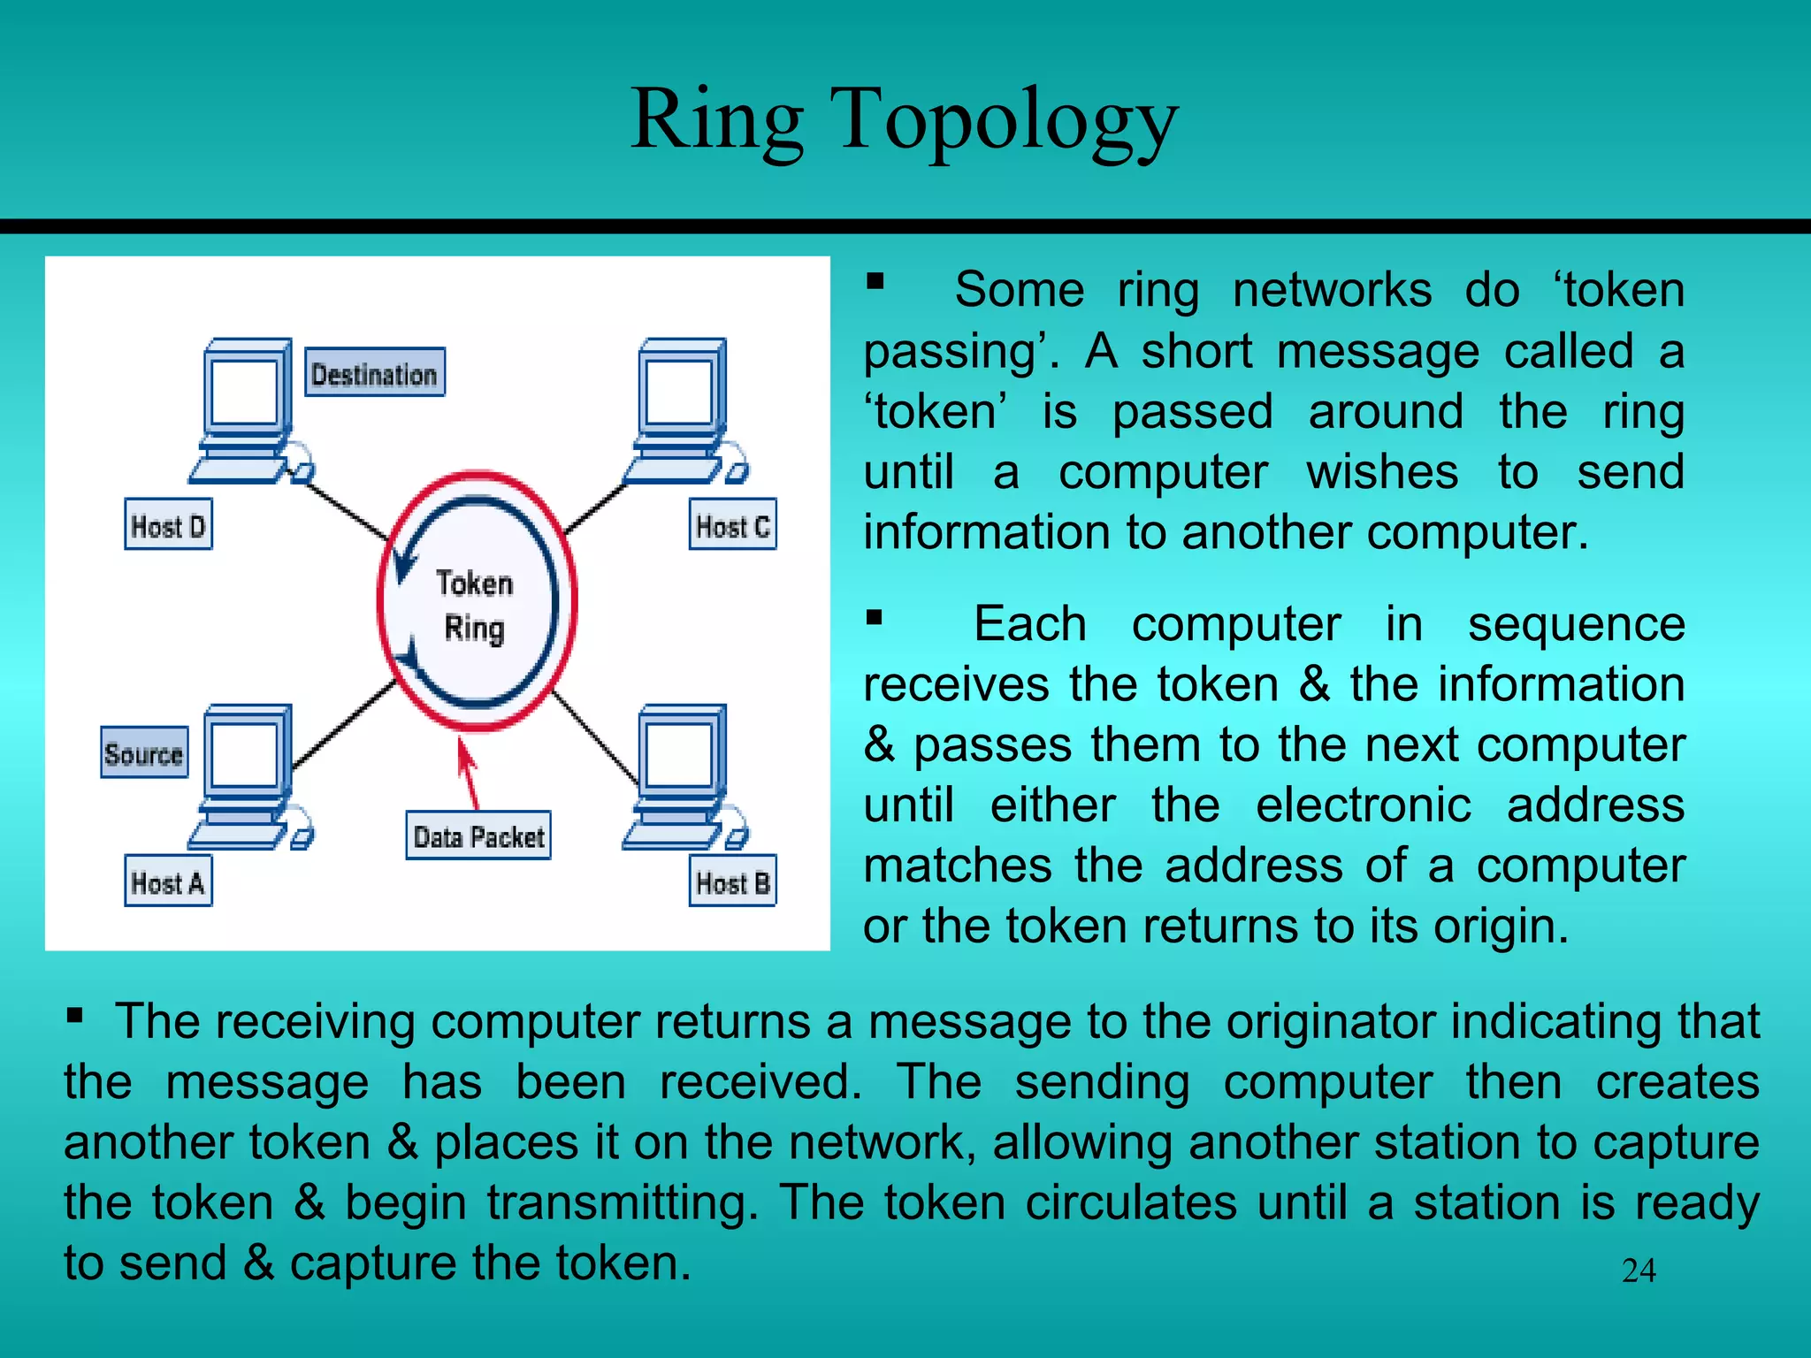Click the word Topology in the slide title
coord(1004,122)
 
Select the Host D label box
coord(168,525)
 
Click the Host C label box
coord(732,525)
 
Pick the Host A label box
coord(168,881)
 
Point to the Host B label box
coord(732,881)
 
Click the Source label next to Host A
coord(144,753)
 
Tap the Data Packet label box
coord(478,835)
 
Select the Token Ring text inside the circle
coord(475,606)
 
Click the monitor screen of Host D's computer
coord(245,391)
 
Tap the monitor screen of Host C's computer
coord(679,391)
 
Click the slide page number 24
coord(1639,1270)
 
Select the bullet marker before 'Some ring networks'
coord(875,282)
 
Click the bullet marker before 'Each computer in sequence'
coord(875,616)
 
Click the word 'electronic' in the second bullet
coord(1363,805)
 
